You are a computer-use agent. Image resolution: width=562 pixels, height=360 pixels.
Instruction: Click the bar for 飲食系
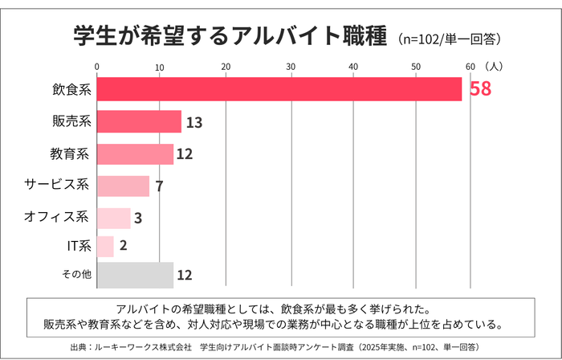(279, 89)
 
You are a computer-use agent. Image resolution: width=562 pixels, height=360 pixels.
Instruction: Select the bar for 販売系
(139, 121)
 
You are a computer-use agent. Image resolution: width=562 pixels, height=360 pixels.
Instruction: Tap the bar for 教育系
(135, 153)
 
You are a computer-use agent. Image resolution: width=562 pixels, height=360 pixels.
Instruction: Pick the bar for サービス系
(123, 186)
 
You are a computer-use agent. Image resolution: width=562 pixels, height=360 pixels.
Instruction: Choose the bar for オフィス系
(113, 218)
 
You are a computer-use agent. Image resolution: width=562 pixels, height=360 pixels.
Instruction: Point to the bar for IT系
(105, 246)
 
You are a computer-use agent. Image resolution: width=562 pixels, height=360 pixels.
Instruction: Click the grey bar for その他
(135, 275)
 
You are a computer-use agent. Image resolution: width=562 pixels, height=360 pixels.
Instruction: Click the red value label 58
(480, 89)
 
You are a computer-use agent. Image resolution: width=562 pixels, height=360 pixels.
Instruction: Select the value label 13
(193, 122)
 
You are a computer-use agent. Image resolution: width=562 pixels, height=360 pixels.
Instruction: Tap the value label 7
(160, 186)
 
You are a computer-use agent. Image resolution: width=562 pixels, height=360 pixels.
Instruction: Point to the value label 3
(138, 219)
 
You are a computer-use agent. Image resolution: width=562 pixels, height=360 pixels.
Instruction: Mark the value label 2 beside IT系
(123, 247)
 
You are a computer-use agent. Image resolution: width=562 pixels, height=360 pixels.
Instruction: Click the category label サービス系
(55, 186)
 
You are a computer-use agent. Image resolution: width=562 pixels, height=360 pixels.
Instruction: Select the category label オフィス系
(55, 217)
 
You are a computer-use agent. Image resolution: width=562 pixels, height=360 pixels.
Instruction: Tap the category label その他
(76, 275)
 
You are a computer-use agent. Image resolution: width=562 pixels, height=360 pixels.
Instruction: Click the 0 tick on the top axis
(97, 66)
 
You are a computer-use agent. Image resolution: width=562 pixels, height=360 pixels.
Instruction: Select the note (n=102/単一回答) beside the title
(454, 38)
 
